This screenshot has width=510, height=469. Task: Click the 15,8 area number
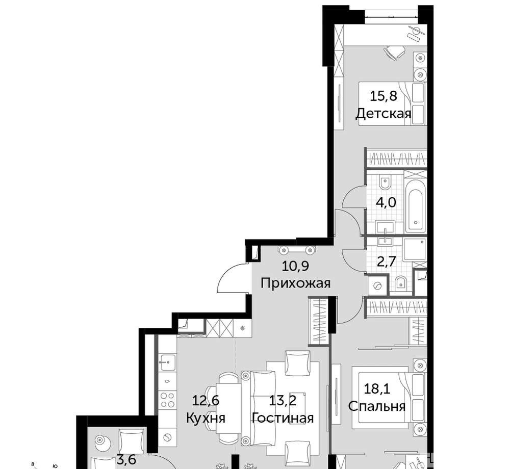(x=384, y=96)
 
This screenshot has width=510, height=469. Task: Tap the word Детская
(x=384, y=114)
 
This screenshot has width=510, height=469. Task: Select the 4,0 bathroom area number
(x=386, y=203)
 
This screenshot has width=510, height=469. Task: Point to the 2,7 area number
(x=386, y=262)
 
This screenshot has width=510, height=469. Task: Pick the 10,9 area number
(x=295, y=267)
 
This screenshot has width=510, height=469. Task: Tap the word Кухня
(x=206, y=418)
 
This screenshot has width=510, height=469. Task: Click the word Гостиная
(x=283, y=418)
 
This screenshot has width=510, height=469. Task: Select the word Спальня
(x=377, y=406)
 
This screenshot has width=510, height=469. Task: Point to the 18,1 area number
(x=377, y=389)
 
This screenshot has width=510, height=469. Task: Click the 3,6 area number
(x=126, y=460)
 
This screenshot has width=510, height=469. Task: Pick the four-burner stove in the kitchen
(x=167, y=400)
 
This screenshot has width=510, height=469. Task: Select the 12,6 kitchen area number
(x=206, y=401)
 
